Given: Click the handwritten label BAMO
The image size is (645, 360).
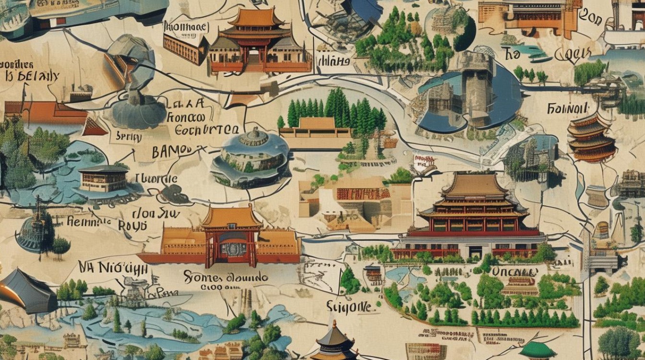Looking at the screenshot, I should (171, 152).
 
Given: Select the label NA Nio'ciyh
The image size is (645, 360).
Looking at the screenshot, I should (113, 267).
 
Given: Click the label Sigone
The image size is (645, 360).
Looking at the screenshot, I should (348, 306).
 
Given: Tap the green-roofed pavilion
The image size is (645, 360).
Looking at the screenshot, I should (537, 350).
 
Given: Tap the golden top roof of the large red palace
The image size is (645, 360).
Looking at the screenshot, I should (474, 185).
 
